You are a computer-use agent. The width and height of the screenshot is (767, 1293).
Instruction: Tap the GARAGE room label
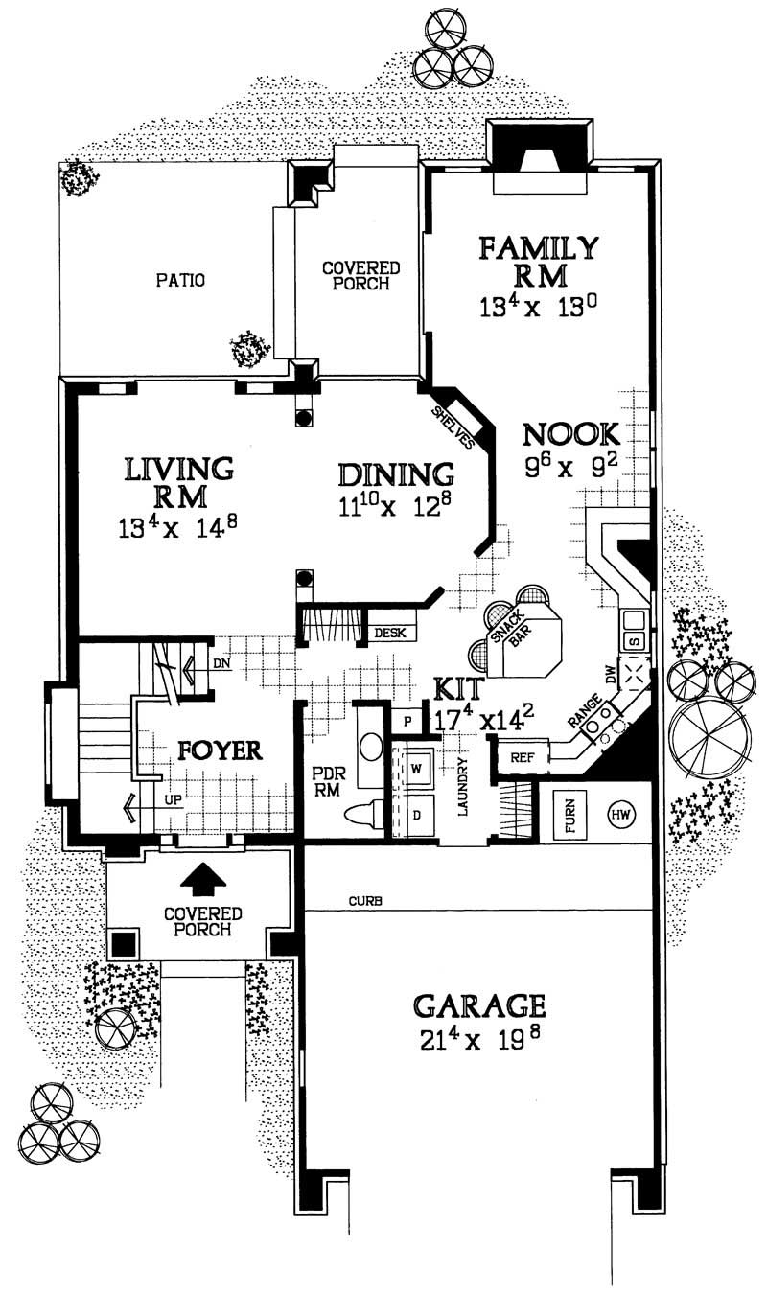(479, 1005)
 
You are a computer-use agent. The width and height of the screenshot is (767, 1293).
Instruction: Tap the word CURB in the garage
(360, 901)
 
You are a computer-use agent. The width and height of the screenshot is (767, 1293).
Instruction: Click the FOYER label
(220, 750)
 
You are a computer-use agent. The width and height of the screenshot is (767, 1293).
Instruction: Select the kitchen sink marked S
(633, 640)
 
